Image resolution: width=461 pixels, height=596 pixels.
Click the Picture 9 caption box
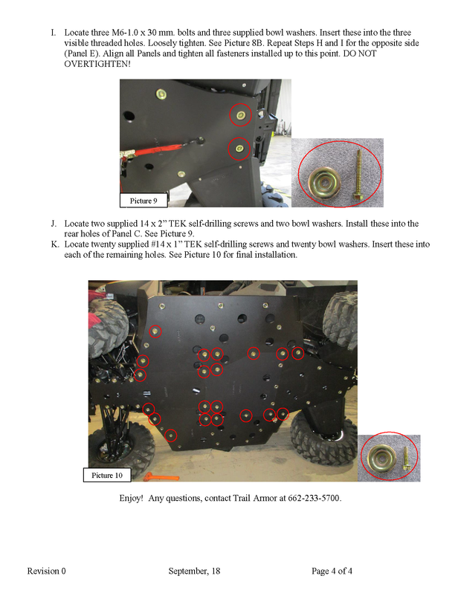(x=144, y=201)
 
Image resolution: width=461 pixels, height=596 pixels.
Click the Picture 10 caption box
(x=107, y=475)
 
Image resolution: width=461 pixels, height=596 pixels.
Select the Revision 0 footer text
(x=46, y=571)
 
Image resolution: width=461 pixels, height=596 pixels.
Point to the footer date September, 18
(x=194, y=571)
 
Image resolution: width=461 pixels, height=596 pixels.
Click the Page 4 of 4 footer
(x=332, y=571)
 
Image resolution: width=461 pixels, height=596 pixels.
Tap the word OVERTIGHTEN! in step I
(x=97, y=64)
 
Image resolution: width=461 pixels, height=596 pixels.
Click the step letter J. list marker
(x=54, y=224)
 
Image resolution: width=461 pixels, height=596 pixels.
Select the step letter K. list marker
(x=55, y=244)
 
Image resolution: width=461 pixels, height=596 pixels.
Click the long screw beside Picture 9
(x=357, y=175)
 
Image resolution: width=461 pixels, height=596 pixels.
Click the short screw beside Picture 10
(x=406, y=459)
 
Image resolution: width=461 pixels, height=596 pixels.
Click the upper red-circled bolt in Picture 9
(x=240, y=114)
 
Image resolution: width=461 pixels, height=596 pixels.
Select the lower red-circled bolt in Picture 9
(x=239, y=148)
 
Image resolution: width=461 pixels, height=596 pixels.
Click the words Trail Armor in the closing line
(x=251, y=498)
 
